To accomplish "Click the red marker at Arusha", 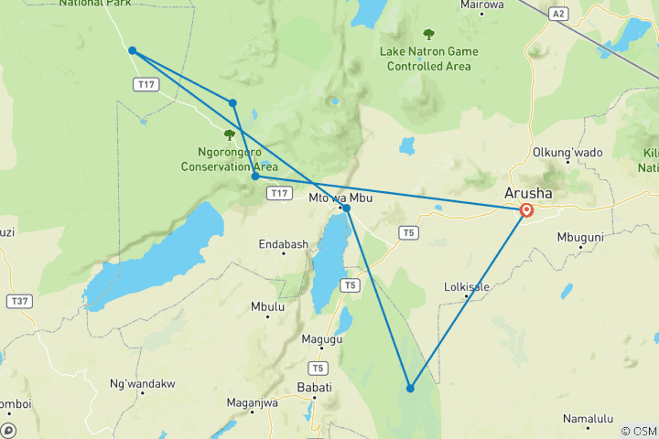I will pos(526,210).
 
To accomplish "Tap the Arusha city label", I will pos(528,193).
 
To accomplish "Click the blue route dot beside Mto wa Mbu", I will pos(346,209).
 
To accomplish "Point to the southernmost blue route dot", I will pos(410,389).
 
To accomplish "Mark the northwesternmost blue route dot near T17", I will pos(133,50).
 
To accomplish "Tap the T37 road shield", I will pos(18,301).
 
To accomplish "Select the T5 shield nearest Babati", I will pos(318,369).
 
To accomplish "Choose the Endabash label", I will pos(283,244).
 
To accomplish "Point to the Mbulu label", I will pos(267,307).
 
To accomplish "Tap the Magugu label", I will pos(322,339).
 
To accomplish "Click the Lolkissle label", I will pos(466,287).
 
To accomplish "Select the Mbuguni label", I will pos(580,237).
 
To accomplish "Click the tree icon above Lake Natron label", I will pos(428,35).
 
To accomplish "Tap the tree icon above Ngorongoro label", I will pos(229,134).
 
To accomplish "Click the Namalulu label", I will pos(588,419).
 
